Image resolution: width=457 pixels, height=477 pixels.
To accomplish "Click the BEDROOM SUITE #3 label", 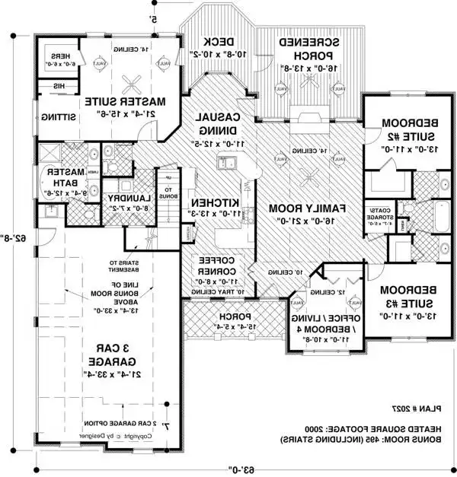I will tap(396, 297).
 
